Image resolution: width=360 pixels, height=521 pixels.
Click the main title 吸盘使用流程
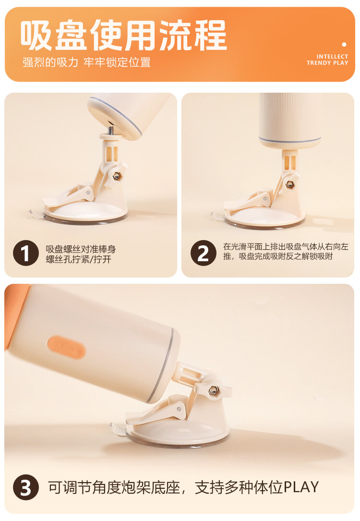coord(123,35)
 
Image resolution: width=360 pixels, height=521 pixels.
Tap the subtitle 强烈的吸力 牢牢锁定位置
coord(87,62)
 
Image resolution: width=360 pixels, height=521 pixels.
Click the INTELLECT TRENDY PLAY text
coord(327,60)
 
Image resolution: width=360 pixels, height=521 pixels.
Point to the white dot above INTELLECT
coord(344,44)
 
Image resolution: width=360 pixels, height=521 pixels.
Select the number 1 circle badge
coord(26,253)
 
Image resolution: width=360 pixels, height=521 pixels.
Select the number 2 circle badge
coord(203,253)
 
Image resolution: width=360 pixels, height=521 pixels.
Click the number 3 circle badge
coord(26,487)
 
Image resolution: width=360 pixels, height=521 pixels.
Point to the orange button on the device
coord(66,347)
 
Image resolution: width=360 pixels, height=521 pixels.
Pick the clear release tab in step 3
coord(118,429)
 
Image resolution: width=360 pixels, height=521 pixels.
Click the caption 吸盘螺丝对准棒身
coord(81,249)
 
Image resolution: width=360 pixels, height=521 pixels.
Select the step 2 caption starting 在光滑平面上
coord(286,251)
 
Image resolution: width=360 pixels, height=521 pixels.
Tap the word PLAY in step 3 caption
coord(301,487)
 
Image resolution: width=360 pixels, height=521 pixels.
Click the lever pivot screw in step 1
coord(88,192)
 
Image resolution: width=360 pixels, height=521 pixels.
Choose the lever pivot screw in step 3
coord(180,409)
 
